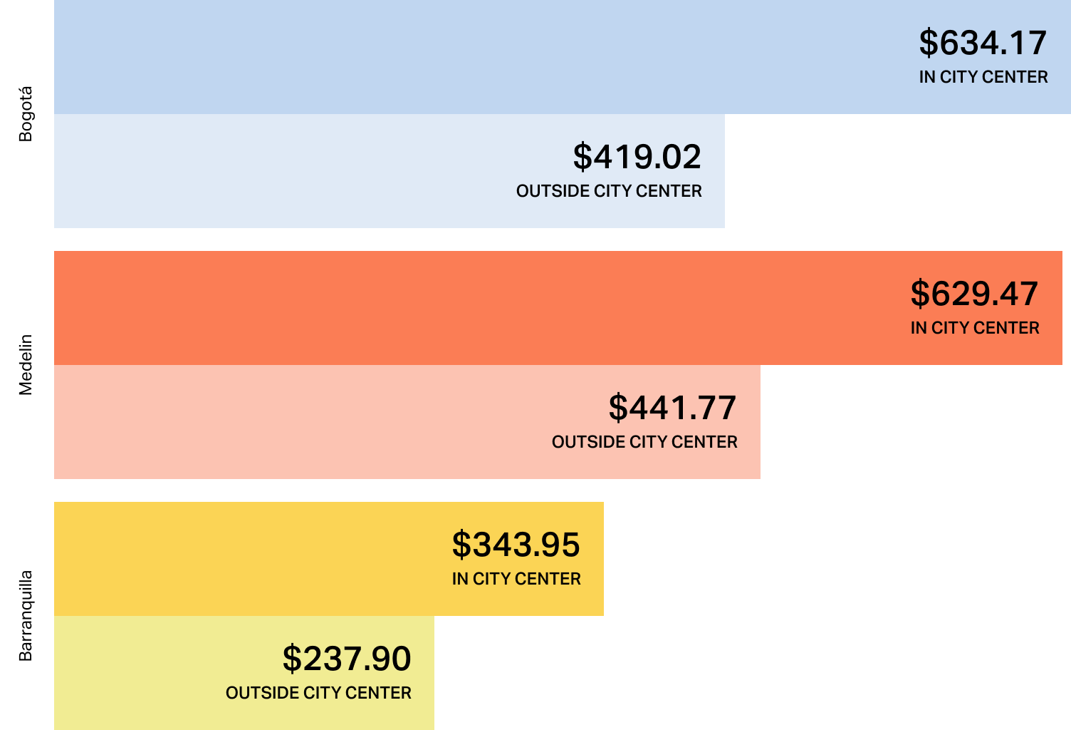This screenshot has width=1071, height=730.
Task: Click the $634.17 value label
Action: [983, 43]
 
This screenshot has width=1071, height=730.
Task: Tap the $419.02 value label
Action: [637, 158]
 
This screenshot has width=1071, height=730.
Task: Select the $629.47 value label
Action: [974, 294]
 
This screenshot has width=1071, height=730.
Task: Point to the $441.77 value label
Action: [672, 408]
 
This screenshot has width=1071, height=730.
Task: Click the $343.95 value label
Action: [516, 545]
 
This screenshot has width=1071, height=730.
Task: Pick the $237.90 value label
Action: [347, 659]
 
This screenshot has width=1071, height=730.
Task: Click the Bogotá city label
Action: [26, 114]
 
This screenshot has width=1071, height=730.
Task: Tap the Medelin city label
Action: [26, 365]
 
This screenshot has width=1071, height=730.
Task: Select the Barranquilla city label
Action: [26, 616]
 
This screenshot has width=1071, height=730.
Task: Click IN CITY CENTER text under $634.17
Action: [983, 77]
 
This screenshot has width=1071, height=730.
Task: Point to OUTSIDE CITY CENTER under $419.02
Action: [609, 191]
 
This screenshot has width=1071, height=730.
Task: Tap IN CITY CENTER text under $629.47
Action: [974, 328]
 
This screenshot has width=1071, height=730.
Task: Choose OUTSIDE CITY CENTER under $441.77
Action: [644, 442]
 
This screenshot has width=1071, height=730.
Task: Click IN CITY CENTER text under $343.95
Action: [516, 579]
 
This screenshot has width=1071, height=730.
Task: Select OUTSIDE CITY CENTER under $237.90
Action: [318, 693]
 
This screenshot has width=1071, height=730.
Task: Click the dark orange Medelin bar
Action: [427, 308]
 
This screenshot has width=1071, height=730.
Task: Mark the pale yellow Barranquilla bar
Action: [142, 673]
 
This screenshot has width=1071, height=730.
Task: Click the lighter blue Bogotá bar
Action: [285, 171]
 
